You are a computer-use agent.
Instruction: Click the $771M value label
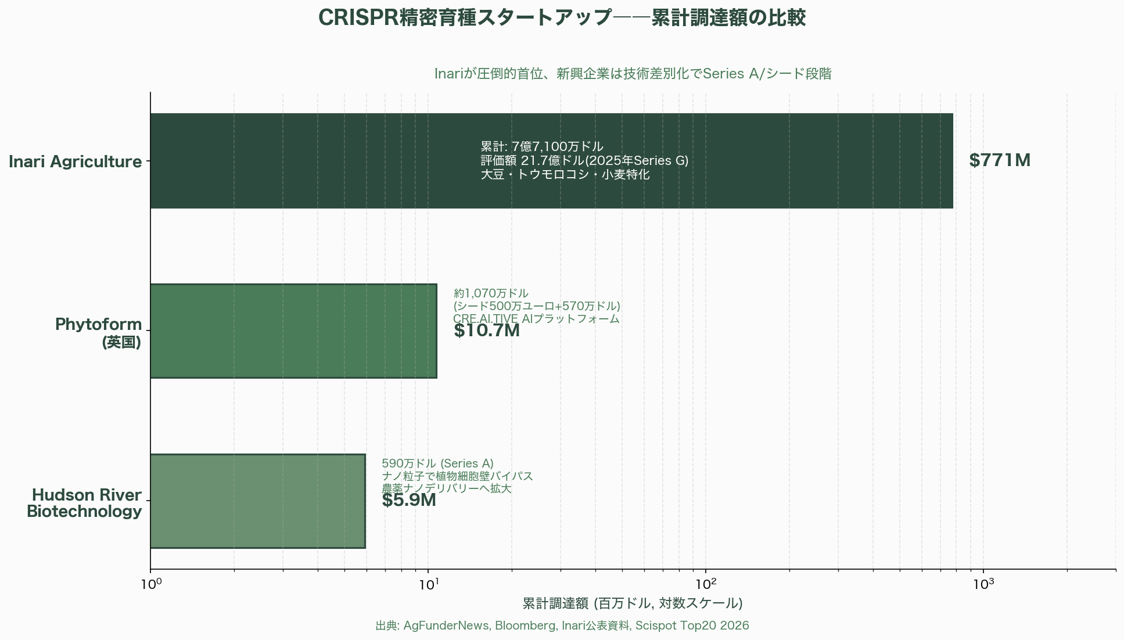click(x=999, y=161)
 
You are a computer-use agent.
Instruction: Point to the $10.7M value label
click(x=486, y=331)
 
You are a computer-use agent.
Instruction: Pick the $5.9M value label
click(x=408, y=501)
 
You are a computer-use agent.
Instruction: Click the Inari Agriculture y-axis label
click(x=75, y=161)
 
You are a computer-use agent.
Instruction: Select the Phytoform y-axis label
click(x=98, y=332)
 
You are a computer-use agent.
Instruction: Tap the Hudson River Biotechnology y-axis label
click(x=85, y=503)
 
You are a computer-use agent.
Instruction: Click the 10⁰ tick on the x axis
click(x=150, y=584)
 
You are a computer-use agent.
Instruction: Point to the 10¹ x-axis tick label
click(x=428, y=584)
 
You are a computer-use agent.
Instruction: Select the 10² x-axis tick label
click(x=706, y=584)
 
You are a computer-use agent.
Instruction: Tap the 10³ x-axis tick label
click(x=983, y=584)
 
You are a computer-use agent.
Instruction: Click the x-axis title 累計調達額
click(x=632, y=603)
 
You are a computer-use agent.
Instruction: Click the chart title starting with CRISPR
click(x=562, y=18)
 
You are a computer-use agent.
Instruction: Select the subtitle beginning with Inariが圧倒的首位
click(x=633, y=74)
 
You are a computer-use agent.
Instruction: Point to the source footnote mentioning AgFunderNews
click(x=562, y=625)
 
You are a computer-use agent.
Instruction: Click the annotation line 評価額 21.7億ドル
click(x=584, y=161)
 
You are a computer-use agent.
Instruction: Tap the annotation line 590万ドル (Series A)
click(x=437, y=463)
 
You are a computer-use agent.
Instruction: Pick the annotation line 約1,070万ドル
click(x=491, y=293)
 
